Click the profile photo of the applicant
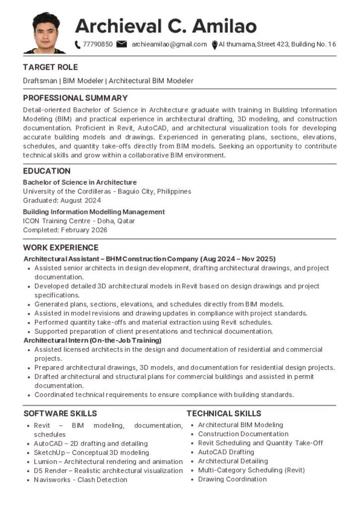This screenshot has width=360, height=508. pyautogui.click(x=45, y=33)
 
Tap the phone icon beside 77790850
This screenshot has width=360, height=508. pyautogui.click(x=77, y=45)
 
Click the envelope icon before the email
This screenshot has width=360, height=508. pyautogui.click(x=121, y=44)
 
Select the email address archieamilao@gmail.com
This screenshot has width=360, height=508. pyautogui.click(x=169, y=44)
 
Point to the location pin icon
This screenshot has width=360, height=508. pyautogui.click(x=215, y=45)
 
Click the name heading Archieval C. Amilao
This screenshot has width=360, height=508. pyautogui.click(x=166, y=25)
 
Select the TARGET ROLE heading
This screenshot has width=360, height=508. pyautogui.click(x=50, y=67)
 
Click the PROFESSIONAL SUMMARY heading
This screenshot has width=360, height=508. pyautogui.click(x=75, y=98)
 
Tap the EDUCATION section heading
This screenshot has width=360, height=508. pyautogui.click(x=47, y=171)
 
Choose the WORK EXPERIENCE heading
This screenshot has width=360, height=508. pyautogui.click(x=61, y=248)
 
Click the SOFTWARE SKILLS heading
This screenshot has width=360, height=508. pyautogui.click(x=60, y=413)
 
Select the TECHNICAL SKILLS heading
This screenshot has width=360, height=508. pyautogui.click(x=223, y=413)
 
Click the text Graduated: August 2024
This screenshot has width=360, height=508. pyautogui.click(x=62, y=200)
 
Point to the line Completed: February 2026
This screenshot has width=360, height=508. pyautogui.click(x=65, y=230)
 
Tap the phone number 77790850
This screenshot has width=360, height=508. pyautogui.click(x=98, y=44)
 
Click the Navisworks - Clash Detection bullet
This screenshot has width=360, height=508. pyautogui.click(x=80, y=480)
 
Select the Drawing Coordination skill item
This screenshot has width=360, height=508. pyautogui.click(x=232, y=479)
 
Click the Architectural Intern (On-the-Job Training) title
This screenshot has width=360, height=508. pyautogui.click(x=92, y=340)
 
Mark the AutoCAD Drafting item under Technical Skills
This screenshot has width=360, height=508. pyautogui.click(x=226, y=452)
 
